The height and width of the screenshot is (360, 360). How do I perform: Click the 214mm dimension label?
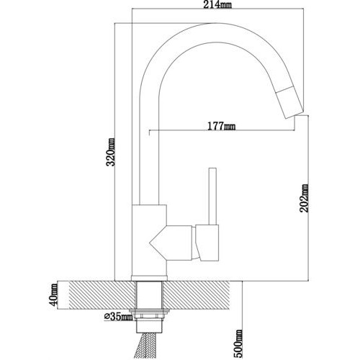pyautogui.click(x=217, y=4)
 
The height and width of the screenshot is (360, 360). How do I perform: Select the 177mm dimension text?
pyautogui.click(x=221, y=126)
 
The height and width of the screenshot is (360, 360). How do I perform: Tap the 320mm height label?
pyautogui.click(x=111, y=152)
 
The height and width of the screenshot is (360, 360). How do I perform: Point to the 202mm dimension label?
pyautogui.click(x=304, y=198)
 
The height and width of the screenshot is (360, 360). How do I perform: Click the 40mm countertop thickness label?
pyautogui.click(x=54, y=294)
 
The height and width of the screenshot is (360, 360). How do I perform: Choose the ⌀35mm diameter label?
pyautogui.click(x=118, y=317)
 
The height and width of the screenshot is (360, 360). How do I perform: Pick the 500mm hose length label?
pyautogui.click(x=238, y=343)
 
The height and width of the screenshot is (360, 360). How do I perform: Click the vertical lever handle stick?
pyautogui.click(x=212, y=197)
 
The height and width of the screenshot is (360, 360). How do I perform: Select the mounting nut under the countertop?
pyautogui.click(x=149, y=316)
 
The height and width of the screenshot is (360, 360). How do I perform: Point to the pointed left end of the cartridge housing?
pyautogui.click(x=150, y=243)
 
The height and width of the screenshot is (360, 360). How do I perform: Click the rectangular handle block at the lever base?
pyautogui.click(x=207, y=243)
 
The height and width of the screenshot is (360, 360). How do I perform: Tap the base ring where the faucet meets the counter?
pyautogui.click(x=149, y=278)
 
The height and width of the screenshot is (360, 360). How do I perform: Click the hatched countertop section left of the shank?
pyautogui.click(x=102, y=295)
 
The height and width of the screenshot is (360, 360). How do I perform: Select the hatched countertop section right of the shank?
pyautogui.click(x=197, y=295)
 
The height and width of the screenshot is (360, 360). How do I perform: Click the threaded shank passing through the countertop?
pyautogui.click(x=149, y=295)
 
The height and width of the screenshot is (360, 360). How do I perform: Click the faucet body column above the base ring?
pyautogui.click(x=149, y=240)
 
